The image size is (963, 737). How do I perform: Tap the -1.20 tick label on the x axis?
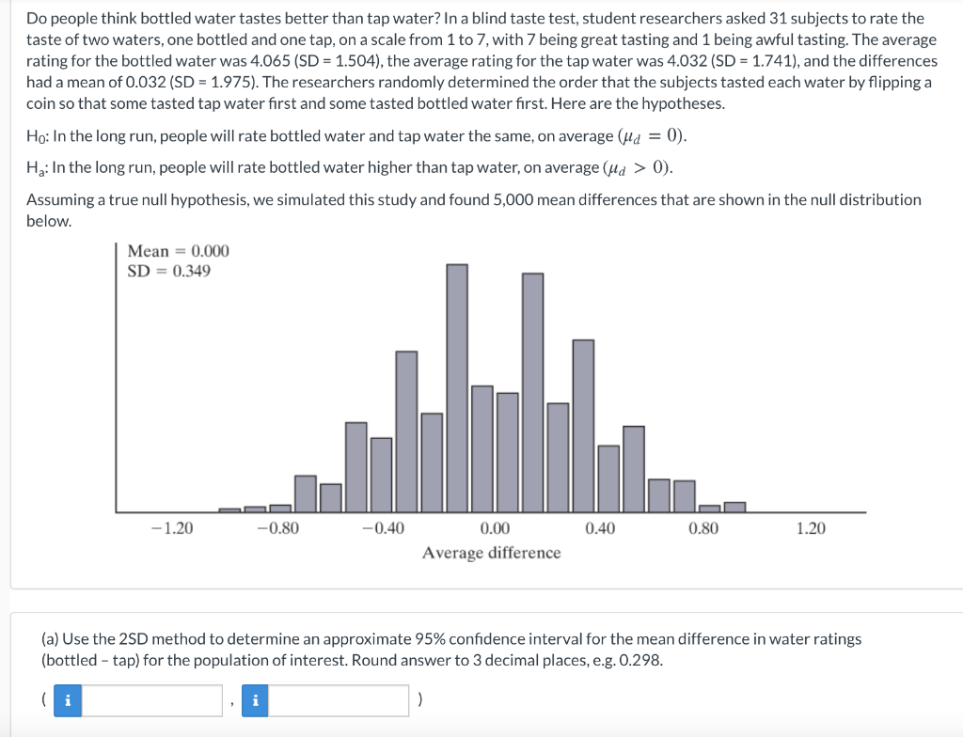[172, 528]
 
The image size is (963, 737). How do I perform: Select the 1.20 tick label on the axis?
[811, 528]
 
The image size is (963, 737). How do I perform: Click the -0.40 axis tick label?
[383, 528]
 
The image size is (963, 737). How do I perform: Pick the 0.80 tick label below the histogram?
[703, 528]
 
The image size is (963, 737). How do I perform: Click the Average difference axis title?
[491, 553]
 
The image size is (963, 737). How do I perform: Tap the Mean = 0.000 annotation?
[178, 251]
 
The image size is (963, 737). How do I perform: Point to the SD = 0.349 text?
[169, 271]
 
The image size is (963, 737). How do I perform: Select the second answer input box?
[339, 700]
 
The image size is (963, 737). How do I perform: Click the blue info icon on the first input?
[66, 700]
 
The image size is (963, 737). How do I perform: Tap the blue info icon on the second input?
[254, 700]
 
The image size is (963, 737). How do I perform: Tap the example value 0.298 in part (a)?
[640, 660]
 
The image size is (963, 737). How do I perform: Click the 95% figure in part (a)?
[433, 639]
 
